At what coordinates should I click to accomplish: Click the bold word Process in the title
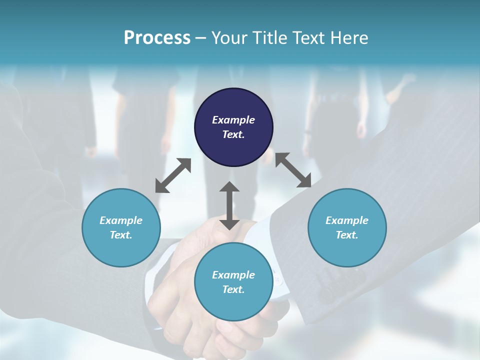tap(157, 38)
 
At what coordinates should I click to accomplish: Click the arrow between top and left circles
tap(173, 175)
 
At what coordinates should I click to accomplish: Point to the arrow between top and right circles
tap(293, 170)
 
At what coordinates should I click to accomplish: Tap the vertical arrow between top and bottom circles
tap(229, 205)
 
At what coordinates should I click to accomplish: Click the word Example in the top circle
tap(233, 120)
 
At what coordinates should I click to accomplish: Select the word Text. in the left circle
tap(121, 235)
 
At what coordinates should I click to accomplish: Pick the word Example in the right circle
tap(347, 220)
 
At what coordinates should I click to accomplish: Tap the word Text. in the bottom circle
tap(233, 289)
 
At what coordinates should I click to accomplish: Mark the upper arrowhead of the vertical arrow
tap(229, 186)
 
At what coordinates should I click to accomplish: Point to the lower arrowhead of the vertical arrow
tap(229, 224)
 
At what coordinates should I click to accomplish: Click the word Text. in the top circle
tap(233, 134)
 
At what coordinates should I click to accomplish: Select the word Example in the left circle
tap(121, 220)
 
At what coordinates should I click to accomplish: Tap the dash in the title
tap(201, 38)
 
